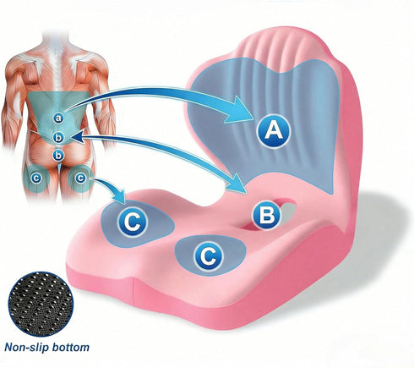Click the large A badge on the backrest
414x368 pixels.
[273, 131]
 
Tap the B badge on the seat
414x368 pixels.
[266, 215]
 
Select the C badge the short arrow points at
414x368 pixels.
[132, 222]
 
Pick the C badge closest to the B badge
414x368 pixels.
[209, 256]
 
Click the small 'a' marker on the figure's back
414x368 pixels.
[58, 118]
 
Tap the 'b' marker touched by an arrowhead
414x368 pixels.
[58, 138]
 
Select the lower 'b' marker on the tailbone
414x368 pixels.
[58, 155]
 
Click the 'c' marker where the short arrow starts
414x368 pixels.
[80, 178]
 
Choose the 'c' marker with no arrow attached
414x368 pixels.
[36, 179]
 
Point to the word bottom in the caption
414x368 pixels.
[73, 347]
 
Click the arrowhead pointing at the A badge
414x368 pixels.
[239, 111]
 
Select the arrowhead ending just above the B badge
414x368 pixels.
[238, 184]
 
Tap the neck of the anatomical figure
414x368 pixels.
[56, 42]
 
